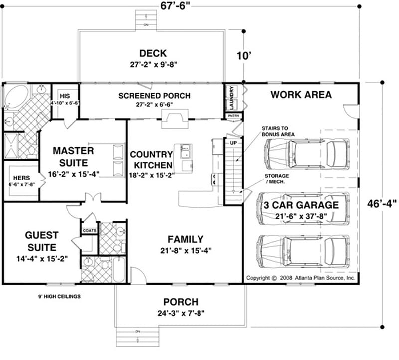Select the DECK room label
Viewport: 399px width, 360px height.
pyautogui.click(x=153, y=53)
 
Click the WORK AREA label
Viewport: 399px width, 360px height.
pyautogui.click(x=301, y=94)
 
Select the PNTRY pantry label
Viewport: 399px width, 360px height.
pyautogui.click(x=233, y=116)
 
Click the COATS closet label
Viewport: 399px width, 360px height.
pyautogui.click(x=90, y=230)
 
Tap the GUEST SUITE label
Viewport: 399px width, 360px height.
pyautogui.click(x=34, y=241)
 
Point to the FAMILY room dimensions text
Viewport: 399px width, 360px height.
pyautogui.click(x=185, y=251)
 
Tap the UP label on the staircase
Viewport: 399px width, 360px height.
pyautogui.click(x=232, y=143)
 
